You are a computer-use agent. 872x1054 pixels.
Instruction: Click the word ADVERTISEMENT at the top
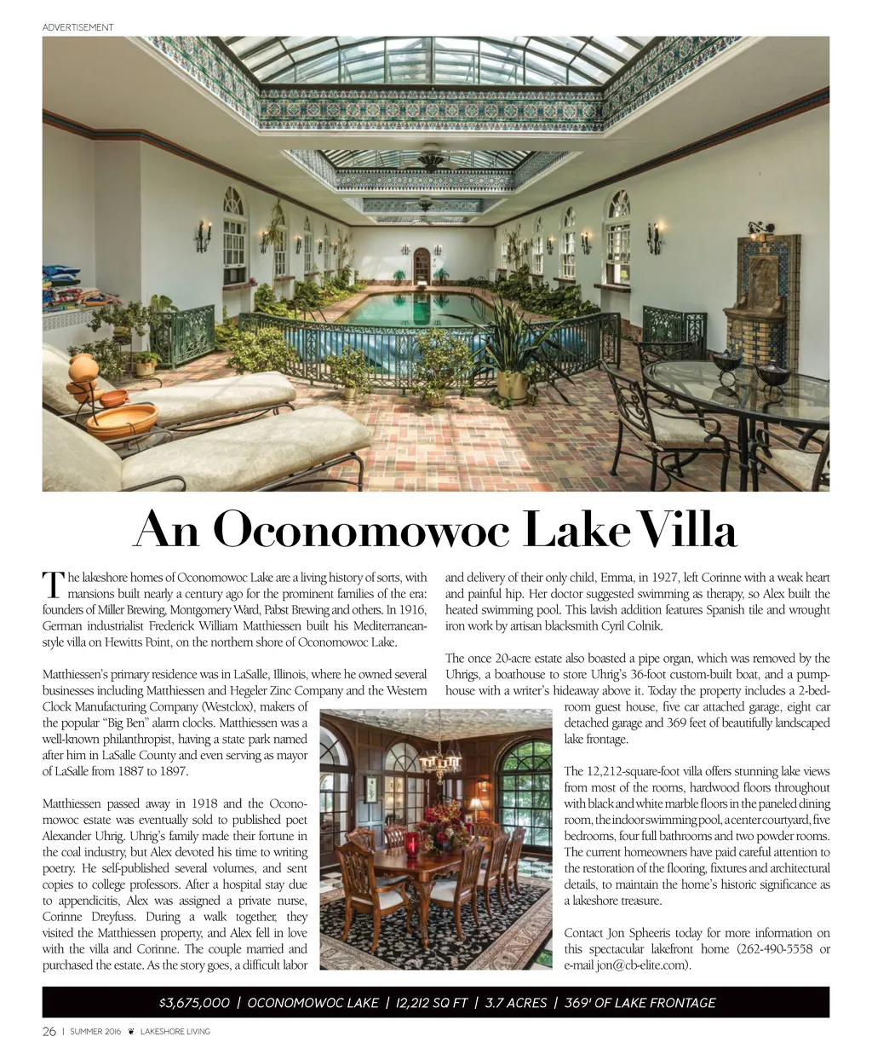77,27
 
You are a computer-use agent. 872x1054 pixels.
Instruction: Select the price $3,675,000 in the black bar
194,1003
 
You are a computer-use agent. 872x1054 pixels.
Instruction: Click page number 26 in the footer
49,1031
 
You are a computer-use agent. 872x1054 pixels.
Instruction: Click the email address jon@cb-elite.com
642,965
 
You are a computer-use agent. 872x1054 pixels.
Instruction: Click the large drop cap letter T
53,585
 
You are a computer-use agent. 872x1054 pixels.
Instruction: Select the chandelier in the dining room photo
439,763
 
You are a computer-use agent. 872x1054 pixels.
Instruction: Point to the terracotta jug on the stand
83,369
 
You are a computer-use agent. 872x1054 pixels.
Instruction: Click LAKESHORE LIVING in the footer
175,1032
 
